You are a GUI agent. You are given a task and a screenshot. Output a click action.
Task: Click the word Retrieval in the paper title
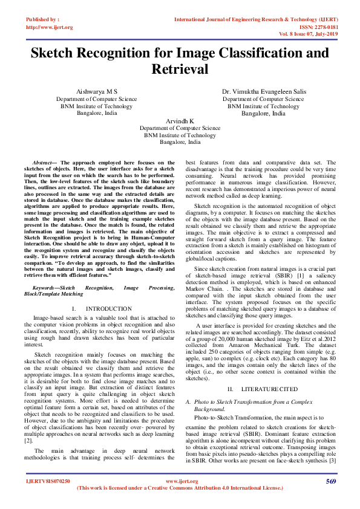180,70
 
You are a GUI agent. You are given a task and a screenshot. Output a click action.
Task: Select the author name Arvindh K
180,121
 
